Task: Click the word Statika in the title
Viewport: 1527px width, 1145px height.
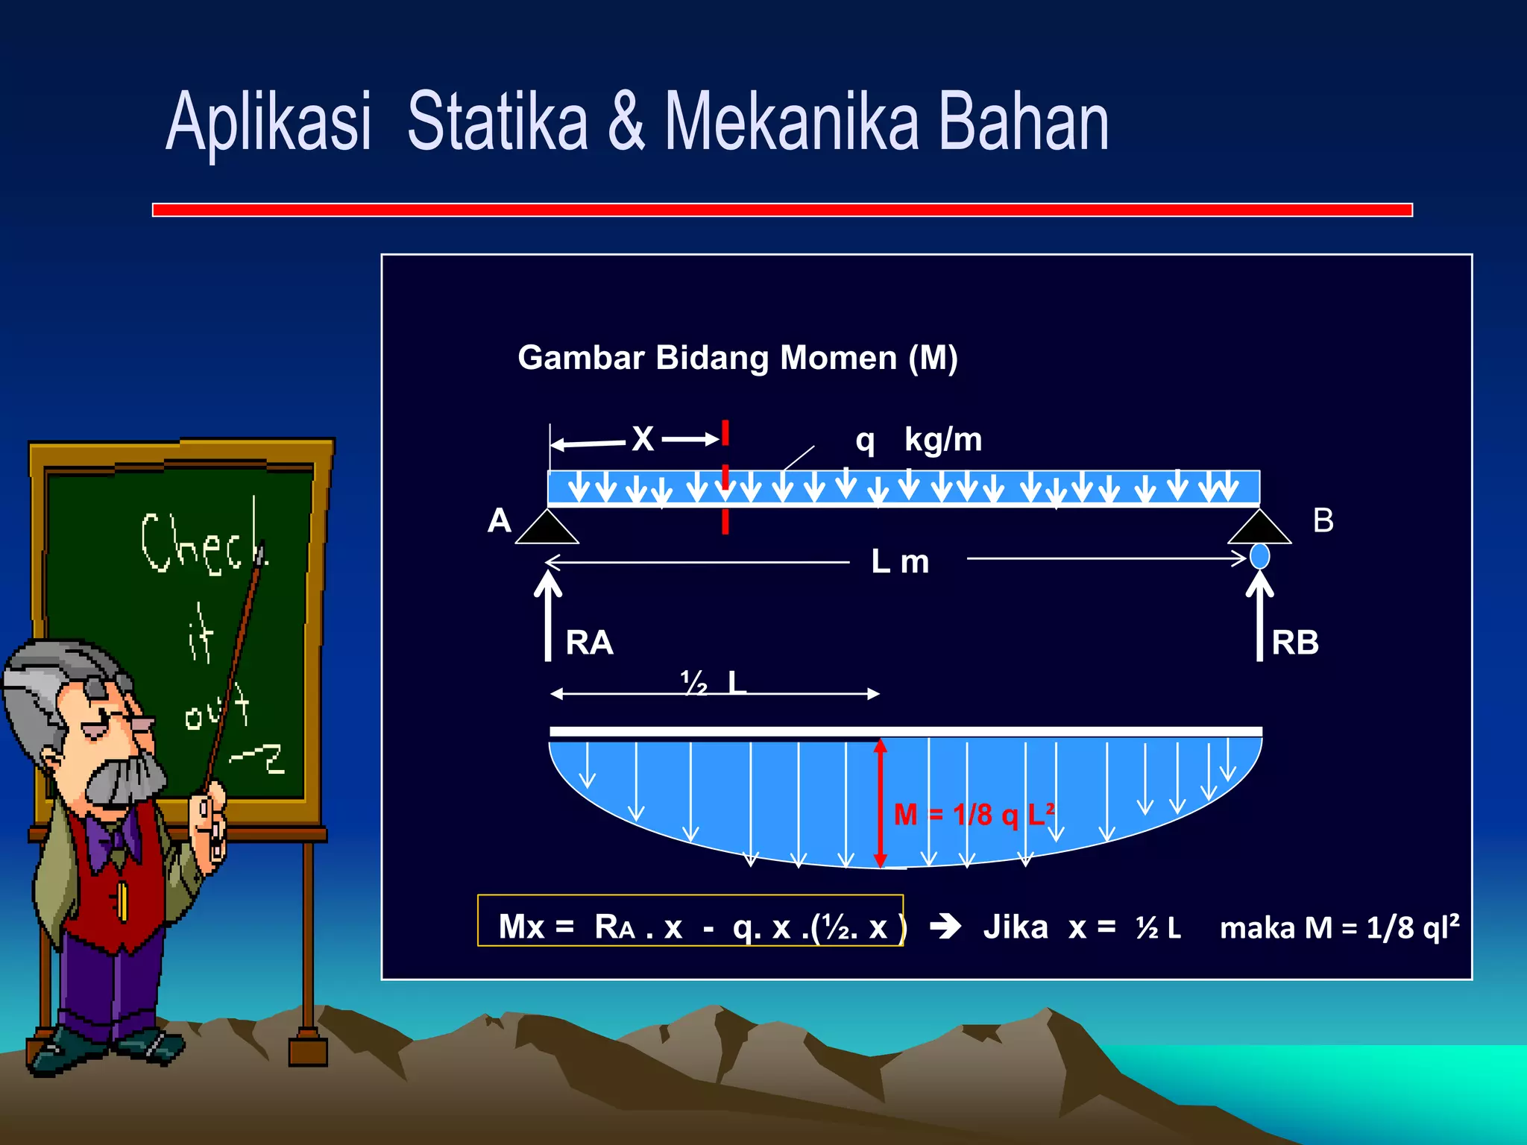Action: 497,121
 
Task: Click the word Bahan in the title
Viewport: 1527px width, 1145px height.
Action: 1023,121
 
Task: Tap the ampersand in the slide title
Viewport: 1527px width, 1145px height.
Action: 626,121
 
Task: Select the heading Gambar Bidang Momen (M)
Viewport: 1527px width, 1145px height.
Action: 737,358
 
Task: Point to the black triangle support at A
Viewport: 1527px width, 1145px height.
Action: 547,527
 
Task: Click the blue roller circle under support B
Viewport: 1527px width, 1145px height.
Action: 1259,556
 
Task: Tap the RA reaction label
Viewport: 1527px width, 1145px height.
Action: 589,643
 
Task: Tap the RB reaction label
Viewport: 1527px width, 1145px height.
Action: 1295,643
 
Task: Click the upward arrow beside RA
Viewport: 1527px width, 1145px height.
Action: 548,615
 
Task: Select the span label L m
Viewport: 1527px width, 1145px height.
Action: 900,561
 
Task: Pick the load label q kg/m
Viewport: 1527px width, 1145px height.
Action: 919,440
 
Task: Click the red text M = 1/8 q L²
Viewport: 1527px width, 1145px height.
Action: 974,815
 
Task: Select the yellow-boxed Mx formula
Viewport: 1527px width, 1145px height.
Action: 690,927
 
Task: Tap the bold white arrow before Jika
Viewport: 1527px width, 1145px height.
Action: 945,927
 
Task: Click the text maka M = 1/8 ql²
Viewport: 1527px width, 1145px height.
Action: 1339,927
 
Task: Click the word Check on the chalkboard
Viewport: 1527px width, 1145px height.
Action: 201,544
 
